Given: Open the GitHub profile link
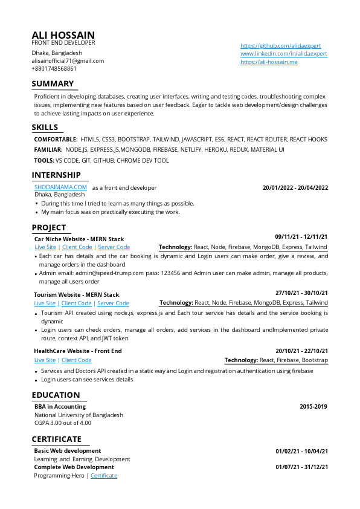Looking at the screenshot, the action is [x=280, y=46].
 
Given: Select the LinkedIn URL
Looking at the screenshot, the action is [x=283, y=54].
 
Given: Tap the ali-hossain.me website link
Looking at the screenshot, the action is [x=269, y=62].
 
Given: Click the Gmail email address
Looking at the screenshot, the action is [x=68, y=61].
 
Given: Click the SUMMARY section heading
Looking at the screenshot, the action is [x=53, y=84].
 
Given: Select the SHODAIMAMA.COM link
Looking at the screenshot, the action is [x=60, y=187].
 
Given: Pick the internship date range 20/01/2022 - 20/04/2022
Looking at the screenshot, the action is [x=295, y=188].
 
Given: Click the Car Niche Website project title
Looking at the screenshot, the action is [x=79, y=239].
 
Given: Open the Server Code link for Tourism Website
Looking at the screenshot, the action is [x=113, y=303].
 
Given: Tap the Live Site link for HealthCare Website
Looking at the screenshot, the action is [x=45, y=360].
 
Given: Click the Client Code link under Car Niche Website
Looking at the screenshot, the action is [x=77, y=247].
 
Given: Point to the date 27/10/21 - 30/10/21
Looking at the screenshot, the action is [x=301, y=293].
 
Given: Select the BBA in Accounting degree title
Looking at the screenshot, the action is [x=60, y=407].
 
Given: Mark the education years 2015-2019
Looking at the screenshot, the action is [x=313, y=407].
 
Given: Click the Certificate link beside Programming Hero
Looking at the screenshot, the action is [x=103, y=476].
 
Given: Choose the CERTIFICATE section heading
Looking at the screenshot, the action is [x=56, y=439].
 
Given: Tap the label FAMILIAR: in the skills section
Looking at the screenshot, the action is [x=48, y=149].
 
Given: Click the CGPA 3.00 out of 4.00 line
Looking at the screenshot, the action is [x=63, y=423].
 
